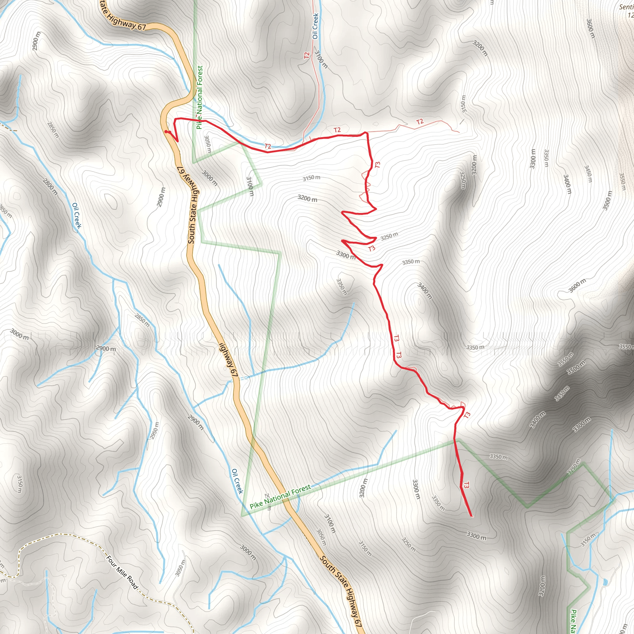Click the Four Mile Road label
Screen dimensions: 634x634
pyautogui.click(x=122, y=572)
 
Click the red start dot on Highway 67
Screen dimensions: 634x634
pyautogui.click(x=166, y=132)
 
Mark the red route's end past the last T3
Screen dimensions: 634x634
pyautogui.click(x=471, y=516)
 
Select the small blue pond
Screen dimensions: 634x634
pyautogui.click(x=605, y=581)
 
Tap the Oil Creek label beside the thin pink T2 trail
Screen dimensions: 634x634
pyautogui.click(x=315, y=26)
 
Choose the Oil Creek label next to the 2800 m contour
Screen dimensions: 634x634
pyautogui.click(x=76, y=215)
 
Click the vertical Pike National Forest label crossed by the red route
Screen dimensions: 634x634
pyautogui.click(x=200, y=97)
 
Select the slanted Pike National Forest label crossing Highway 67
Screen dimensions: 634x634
pyautogui.click(x=280, y=497)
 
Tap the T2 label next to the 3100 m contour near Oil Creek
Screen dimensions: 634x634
pyautogui.click(x=307, y=55)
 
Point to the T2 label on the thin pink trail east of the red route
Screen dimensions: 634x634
pyautogui.click(x=420, y=122)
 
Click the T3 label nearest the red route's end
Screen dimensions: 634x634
pyautogui.click(x=466, y=485)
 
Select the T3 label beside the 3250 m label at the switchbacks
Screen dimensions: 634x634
pyautogui.click(x=371, y=248)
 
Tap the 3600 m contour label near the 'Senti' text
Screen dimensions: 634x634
pyautogui.click(x=590, y=28)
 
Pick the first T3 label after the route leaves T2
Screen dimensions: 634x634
pyautogui.click(x=378, y=165)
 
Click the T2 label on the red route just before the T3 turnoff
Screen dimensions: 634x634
pyautogui.click(x=337, y=130)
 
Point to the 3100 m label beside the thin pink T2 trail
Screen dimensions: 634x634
pyautogui.click(x=321, y=59)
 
